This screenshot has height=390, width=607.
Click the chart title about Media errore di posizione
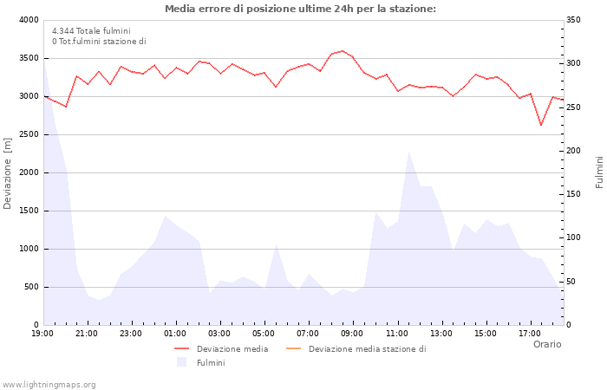click(300, 9)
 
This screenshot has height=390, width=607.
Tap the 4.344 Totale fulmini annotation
click(91, 30)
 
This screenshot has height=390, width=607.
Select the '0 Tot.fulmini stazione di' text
click(99, 41)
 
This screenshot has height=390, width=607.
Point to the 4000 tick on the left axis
click(28, 20)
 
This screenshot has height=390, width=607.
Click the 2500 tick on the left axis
click(28, 134)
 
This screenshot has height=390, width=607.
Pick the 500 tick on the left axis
click(30, 287)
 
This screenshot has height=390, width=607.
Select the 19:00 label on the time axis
click(43, 333)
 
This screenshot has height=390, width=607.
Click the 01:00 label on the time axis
click(176, 333)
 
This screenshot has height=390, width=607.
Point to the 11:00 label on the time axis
click(397, 333)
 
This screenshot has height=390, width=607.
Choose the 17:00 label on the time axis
click(530, 333)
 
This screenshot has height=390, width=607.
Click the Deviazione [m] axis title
click(8, 172)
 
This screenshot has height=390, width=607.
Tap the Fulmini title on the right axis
click(599, 172)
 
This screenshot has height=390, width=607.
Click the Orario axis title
click(546, 344)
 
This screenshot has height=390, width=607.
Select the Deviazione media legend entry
click(232, 349)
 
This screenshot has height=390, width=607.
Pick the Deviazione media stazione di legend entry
click(367, 349)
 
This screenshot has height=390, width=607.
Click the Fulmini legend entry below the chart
click(210, 362)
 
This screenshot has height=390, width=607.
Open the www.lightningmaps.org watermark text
click(49, 384)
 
